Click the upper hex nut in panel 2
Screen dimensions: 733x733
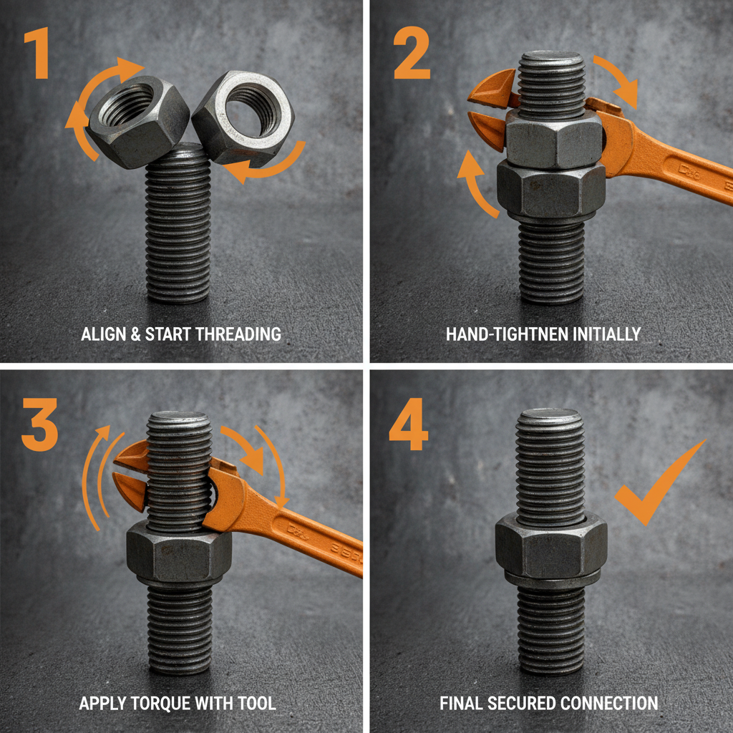(x=553, y=140)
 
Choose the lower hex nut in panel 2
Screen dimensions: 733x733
(x=550, y=189)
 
